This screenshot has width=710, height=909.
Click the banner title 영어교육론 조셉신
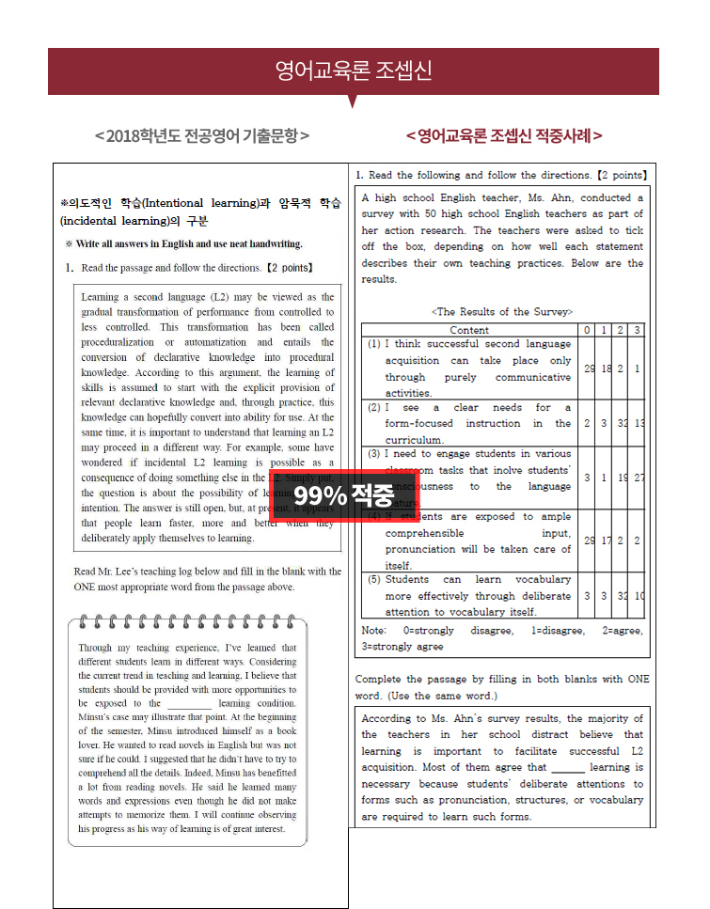354,71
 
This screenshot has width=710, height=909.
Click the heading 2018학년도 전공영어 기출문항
202,135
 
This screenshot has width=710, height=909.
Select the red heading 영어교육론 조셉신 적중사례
504,135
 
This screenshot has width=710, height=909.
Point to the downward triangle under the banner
354,101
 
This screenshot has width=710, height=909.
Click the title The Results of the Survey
501,311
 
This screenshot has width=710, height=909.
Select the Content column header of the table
469,330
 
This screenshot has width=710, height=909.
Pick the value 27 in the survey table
638,478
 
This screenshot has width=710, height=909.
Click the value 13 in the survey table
638,424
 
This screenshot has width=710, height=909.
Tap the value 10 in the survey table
638,596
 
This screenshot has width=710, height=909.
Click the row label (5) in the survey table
374,580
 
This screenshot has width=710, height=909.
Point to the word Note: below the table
375,631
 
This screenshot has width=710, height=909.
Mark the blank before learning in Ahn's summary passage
567,768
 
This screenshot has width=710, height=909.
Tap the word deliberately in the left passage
119,539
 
